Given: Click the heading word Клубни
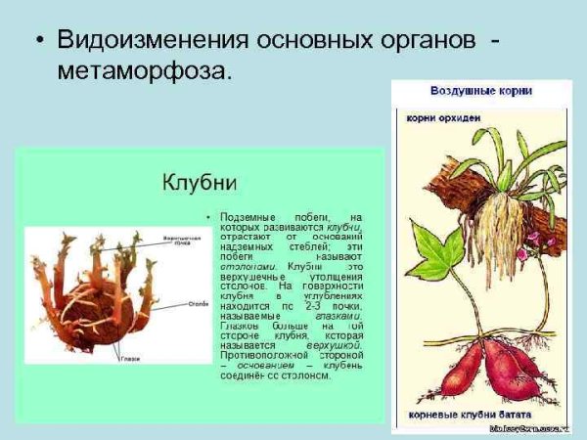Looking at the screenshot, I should coord(200,183).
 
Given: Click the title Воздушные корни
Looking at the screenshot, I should coord(481,91).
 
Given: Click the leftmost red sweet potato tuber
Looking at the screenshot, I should coord(445,376).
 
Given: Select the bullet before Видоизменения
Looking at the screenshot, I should coord(37,42).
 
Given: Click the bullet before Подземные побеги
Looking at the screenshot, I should coord(208,214).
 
